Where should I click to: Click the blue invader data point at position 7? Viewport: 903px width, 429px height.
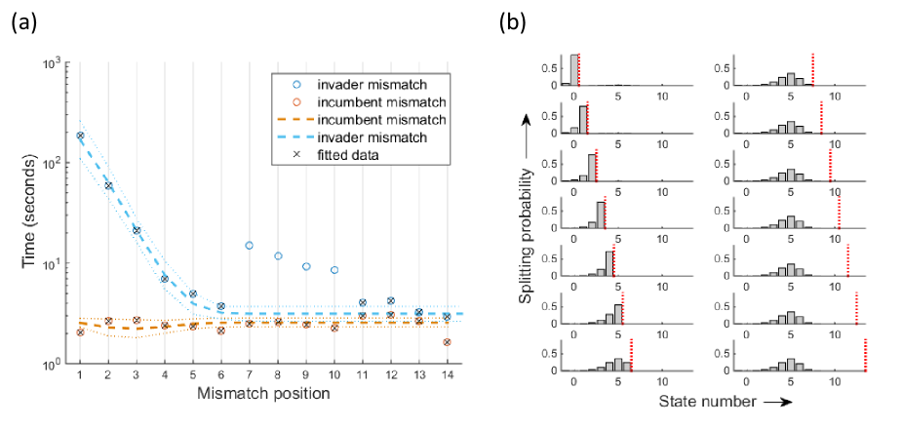[x=249, y=245]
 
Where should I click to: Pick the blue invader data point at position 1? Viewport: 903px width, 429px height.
[x=80, y=136]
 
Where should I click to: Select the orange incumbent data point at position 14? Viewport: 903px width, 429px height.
[x=446, y=342]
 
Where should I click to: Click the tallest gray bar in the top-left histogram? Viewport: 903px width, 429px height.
[x=574, y=69]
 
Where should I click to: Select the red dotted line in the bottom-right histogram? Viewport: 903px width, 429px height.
[x=865, y=355]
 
